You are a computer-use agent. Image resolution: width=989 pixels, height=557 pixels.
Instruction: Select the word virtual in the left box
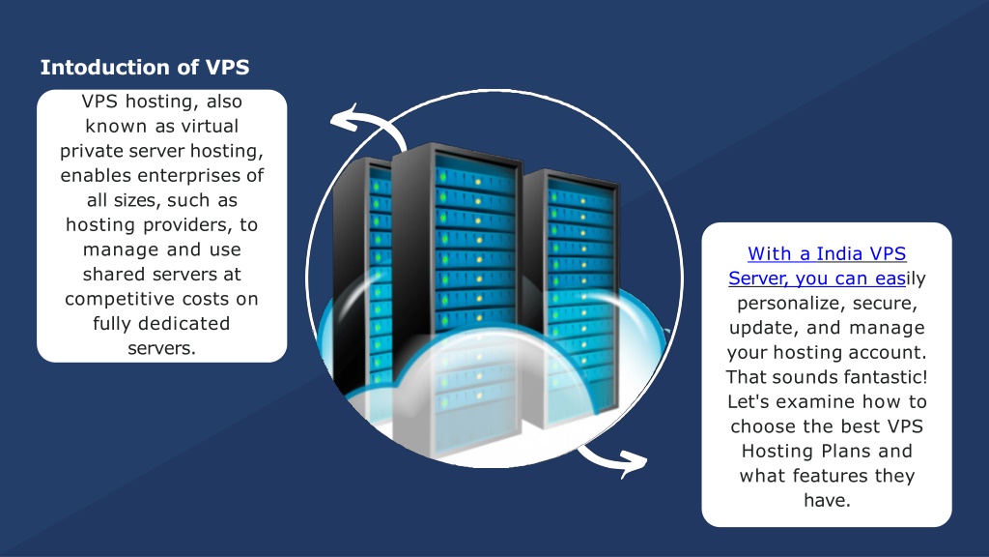[210, 127]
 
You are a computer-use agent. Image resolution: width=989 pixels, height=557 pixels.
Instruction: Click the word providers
[188, 224]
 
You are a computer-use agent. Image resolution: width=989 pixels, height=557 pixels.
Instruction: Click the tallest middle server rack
[457, 297]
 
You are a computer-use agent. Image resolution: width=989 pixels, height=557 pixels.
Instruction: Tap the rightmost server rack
[571, 297]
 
